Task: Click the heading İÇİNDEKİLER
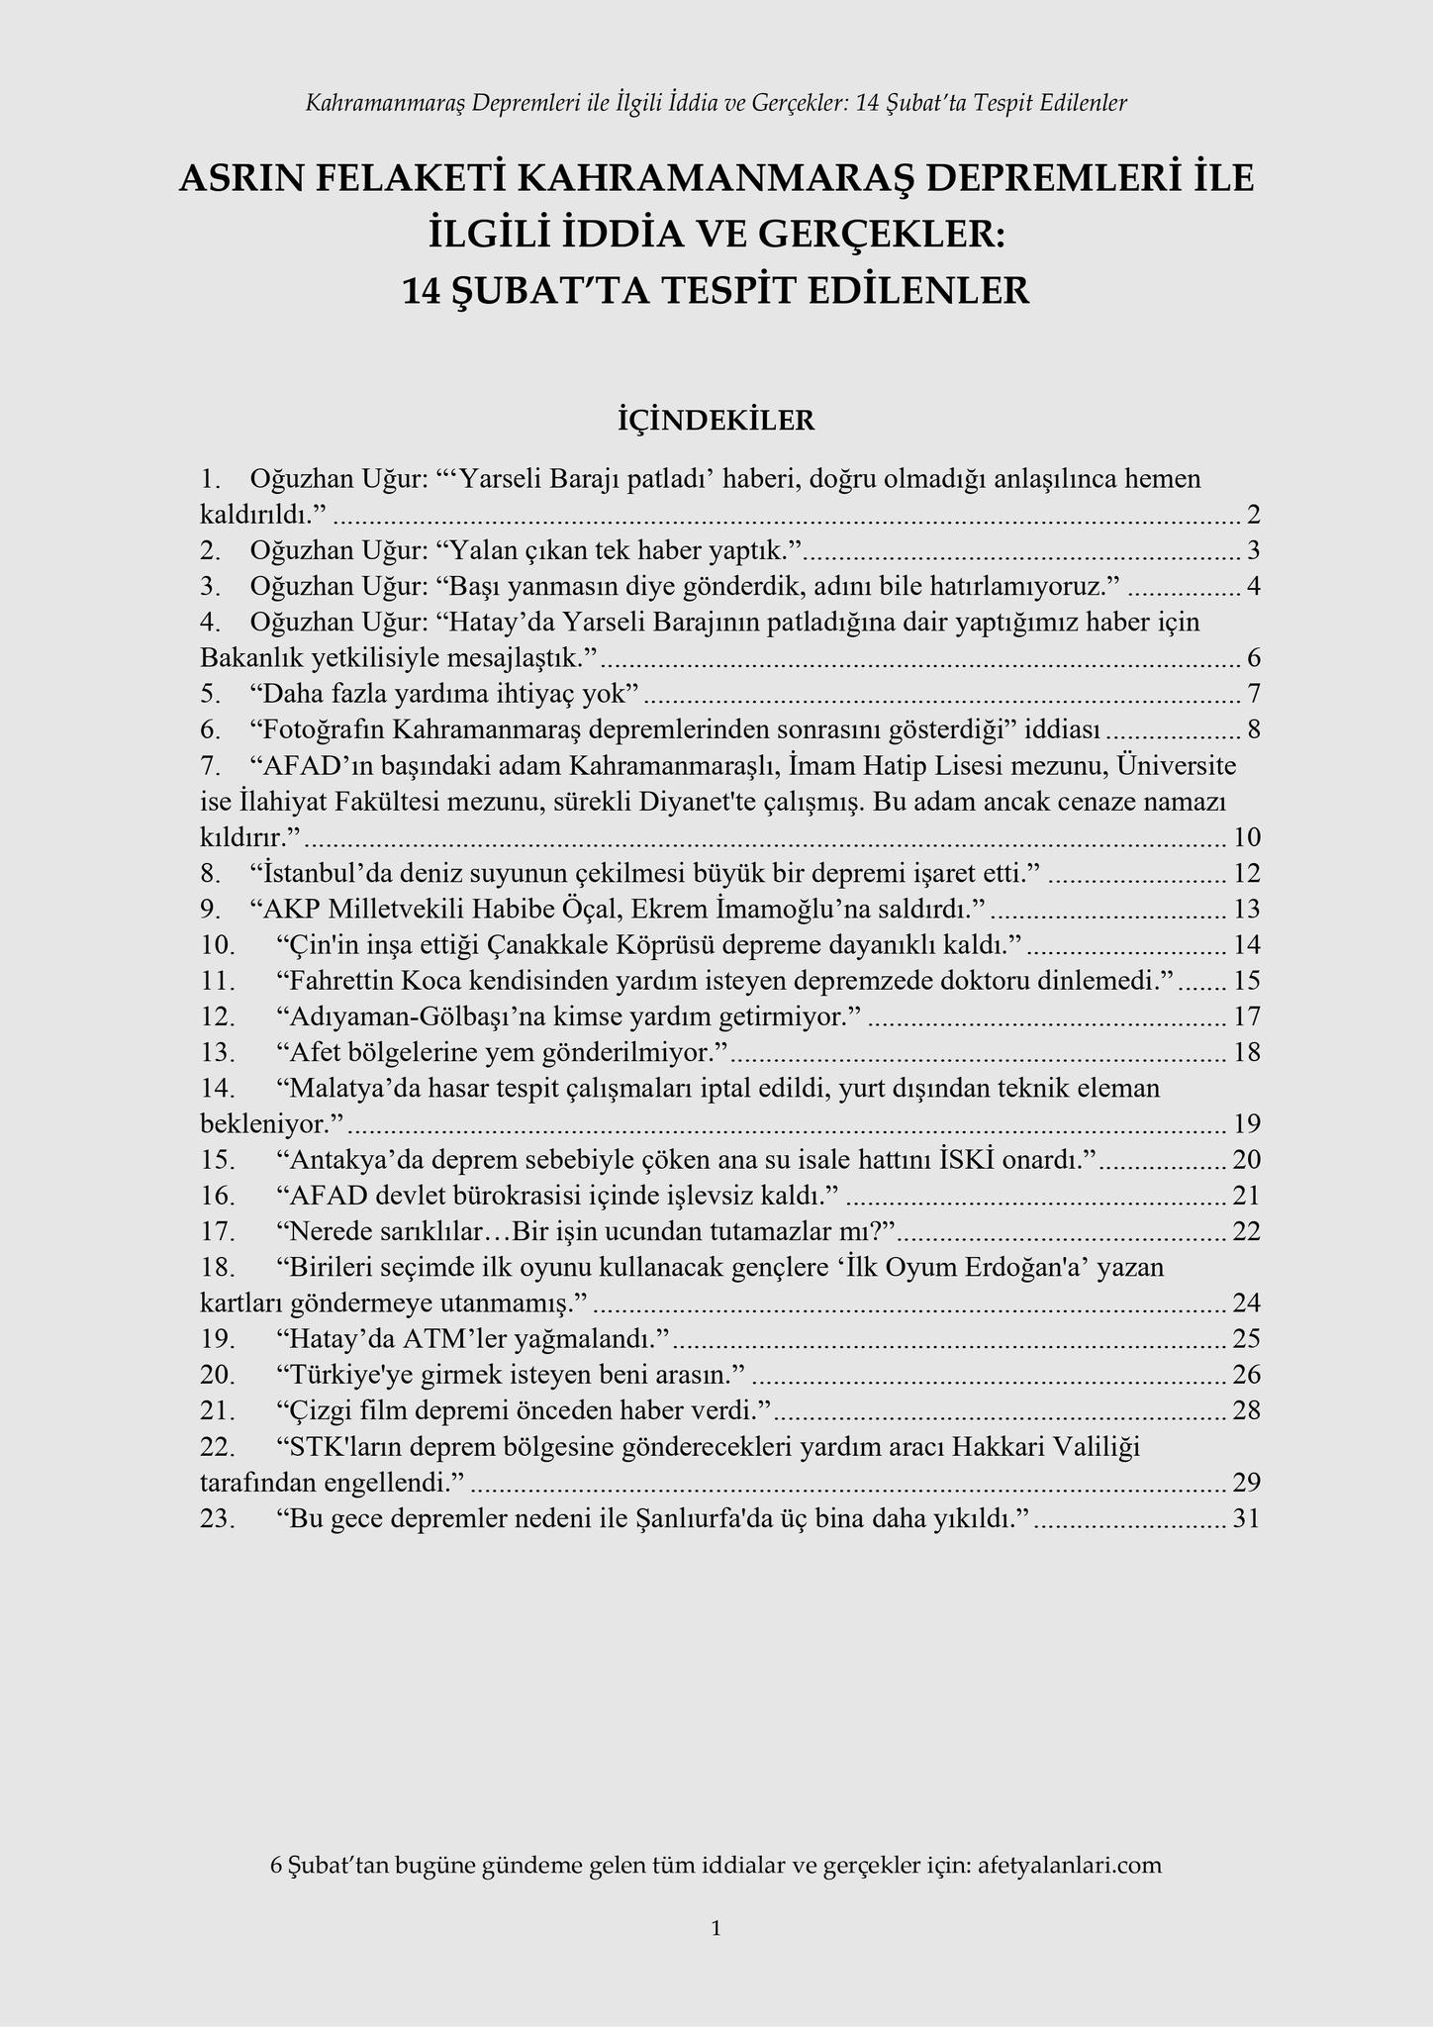[x=716, y=421]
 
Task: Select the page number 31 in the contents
[x=1247, y=1518]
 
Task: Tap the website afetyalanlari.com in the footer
[x=1069, y=1865]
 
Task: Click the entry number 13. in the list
[x=218, y=1051]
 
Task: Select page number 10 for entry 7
[x=1247, y=837]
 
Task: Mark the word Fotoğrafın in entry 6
[x=319, y=729]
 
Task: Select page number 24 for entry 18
[x=1247, y=1303]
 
